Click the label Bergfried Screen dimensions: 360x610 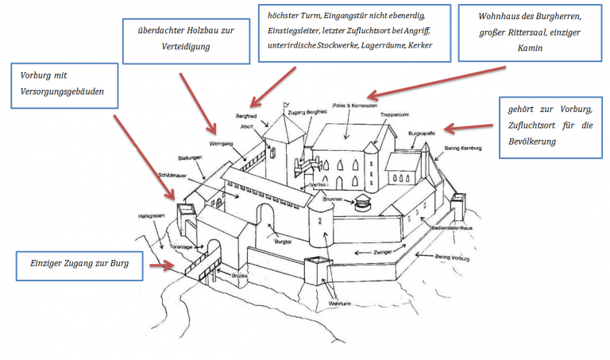(246, 116)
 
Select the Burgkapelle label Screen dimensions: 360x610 (423, 134)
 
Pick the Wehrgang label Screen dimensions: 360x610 (220, 145)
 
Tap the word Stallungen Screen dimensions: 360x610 (191, 157)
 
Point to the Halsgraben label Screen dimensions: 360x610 (151, 215)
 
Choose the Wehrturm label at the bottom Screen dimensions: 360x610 (338, 304)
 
